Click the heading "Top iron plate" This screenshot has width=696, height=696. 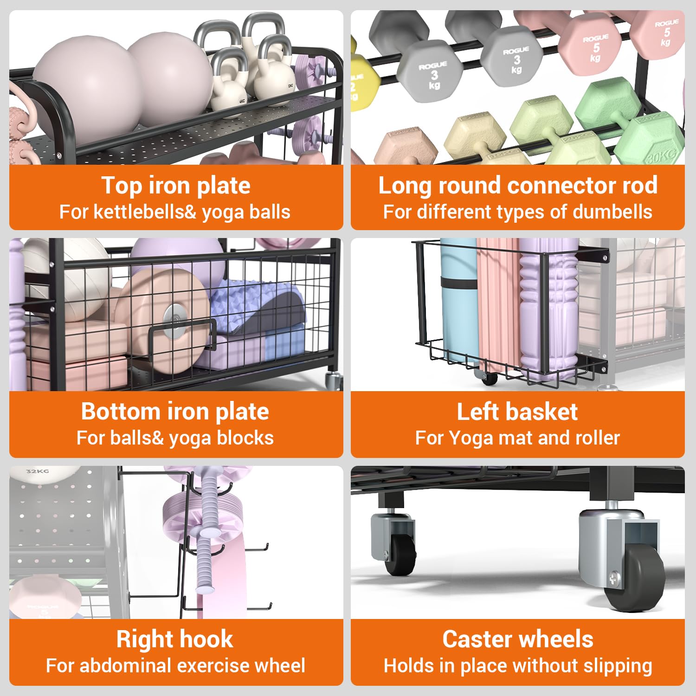[x=176, y=186]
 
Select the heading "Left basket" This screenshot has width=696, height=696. [x=517, y=412]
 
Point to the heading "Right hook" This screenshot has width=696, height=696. [x=175, y=639]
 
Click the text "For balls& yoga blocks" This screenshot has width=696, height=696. [x=175, y=438]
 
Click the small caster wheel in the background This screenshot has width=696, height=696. [x=400, y=555]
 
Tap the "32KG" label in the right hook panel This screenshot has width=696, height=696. [x=37, y=471]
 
